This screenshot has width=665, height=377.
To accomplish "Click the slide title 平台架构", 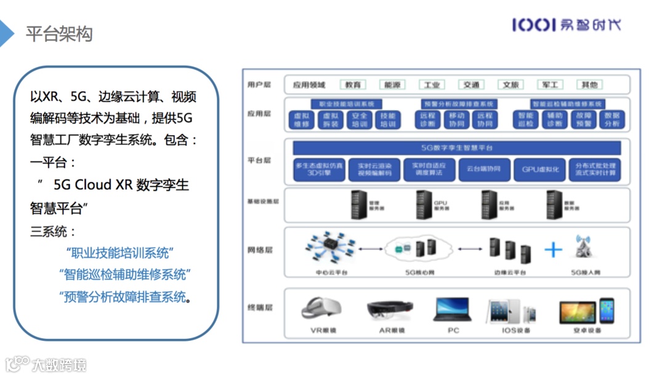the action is pos(59,34).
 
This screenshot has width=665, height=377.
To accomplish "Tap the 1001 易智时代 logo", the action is pos(566,25).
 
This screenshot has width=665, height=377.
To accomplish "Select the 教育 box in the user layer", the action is pos(353,85).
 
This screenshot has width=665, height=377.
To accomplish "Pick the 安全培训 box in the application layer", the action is pos(360,119).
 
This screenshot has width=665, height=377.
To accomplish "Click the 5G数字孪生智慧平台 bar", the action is pos(456,148).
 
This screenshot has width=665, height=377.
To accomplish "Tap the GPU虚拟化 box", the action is pos(540,170).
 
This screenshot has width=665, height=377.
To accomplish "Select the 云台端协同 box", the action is pos(484,170).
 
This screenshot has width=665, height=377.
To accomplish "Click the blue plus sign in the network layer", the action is pos(554,249).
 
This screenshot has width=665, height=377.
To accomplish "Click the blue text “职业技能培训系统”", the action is pos(119,253).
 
